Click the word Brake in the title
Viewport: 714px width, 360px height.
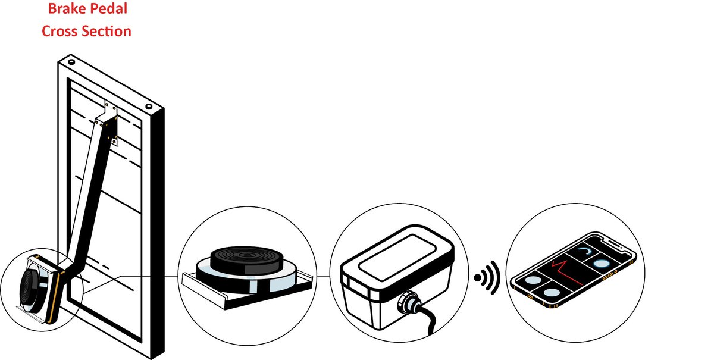pos(66,10)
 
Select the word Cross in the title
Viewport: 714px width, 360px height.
pos(59,31)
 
